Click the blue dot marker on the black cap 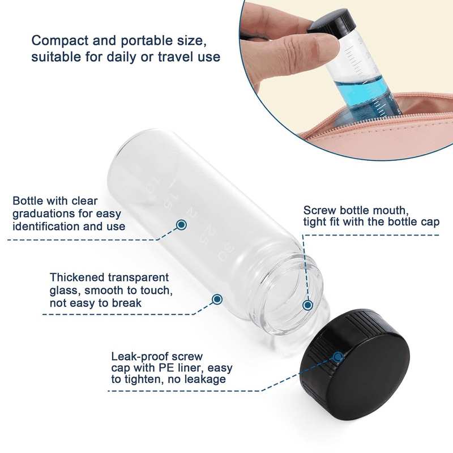click(x=337, y=357)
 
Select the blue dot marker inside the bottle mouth click(x=308, y=305)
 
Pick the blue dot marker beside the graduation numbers click(x=181, y=224)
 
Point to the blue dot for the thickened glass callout click(x=217, y=300)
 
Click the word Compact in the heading click(x=60, y=41)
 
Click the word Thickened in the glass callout click(x=77, y=277)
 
